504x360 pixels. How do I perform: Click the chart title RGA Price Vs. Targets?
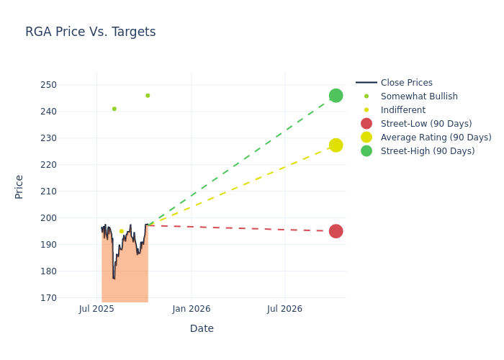coord(90,32)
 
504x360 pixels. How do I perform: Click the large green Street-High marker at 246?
coord(336,96)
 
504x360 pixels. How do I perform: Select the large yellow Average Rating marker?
coord(336,145)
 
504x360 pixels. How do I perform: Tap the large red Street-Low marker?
coord(336,231)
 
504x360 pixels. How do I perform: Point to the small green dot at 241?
coord(114,109)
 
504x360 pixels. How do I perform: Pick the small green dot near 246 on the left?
coord(148,96)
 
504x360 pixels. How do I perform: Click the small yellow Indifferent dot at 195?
coord(121,231)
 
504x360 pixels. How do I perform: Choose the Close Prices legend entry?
coord(406,83)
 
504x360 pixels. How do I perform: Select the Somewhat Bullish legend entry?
coord(419,96)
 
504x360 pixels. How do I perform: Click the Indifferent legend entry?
coord(402,110)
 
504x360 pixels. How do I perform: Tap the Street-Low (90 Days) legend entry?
coord(426,124)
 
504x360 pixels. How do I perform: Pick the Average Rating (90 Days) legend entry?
coord(436,138)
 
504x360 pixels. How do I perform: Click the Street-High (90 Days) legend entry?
coord(428,151)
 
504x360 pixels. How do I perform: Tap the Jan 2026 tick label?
coord(192,309)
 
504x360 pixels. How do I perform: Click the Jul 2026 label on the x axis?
coord(284,309)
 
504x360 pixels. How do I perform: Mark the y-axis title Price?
coord(19,186)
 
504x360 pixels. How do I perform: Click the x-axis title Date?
coord(202,328)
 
